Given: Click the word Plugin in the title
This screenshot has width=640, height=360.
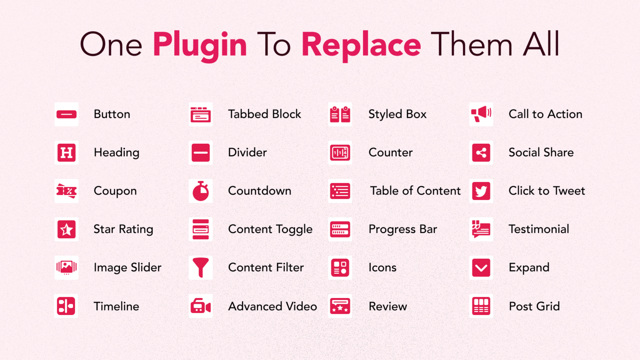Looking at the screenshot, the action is [200, 46].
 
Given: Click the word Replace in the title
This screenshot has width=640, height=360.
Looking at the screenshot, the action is [361, 46].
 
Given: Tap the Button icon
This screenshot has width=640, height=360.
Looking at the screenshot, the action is [67, 114].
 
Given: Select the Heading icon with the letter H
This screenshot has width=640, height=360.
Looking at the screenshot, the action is [67, 152].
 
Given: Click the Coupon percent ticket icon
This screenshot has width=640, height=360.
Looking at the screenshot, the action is [67, 191].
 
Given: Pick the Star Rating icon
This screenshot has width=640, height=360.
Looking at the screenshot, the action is [67, 229].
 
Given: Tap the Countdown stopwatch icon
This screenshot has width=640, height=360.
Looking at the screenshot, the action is [200, 191].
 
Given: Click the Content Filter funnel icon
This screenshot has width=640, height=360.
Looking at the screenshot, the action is [200, 267].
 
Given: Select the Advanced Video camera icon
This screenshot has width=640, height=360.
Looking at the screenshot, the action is [200, 306].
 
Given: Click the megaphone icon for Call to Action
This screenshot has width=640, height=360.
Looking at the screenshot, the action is [481, 114].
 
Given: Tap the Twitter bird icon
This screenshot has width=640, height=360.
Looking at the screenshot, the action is [481, 191].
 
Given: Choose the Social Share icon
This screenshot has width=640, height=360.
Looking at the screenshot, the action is [481, 152].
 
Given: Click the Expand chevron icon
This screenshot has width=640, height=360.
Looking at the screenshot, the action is [481, 268].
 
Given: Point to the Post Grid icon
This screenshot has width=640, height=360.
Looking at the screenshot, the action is [481, 306].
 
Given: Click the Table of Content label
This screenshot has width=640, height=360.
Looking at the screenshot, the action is [415, 191].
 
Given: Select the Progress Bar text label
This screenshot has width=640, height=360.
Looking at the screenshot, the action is [403, 230].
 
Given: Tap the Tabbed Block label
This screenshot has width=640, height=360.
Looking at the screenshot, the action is [265, 114].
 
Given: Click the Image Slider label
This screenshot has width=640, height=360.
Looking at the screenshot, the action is [127, 268].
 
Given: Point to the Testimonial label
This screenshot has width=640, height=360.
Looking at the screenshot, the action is [539, 229].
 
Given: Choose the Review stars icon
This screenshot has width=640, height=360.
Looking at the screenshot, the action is [340, 306].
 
